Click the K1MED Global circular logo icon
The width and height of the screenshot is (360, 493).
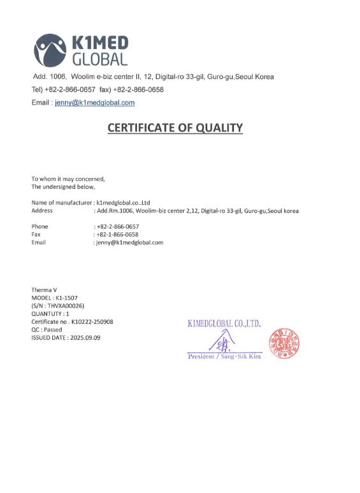point(50,50)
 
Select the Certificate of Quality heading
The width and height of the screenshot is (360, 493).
point(175,128)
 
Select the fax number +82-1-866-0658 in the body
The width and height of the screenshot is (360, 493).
point(118,234)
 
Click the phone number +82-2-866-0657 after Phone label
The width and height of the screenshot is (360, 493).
point(118,226)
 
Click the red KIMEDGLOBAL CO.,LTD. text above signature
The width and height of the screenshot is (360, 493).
point(224,323)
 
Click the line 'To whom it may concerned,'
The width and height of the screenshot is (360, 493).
point(68,179)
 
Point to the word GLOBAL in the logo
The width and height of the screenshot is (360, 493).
point(100,59)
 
